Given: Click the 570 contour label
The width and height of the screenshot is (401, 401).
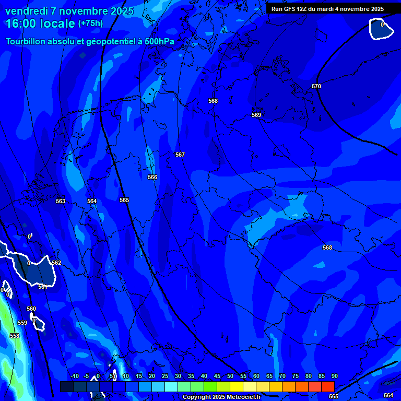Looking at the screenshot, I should (x=316, y=86).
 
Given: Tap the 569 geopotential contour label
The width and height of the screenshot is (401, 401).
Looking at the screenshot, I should (x=256, y=115).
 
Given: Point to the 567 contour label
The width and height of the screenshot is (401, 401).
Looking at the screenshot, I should (x=180, y=155).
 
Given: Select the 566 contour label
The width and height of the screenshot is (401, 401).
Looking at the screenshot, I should (x=152, y=177).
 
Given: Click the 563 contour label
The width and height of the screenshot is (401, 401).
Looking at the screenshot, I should (x=61, y=201).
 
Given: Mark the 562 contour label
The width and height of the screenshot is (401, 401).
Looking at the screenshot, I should (x=56, y=263).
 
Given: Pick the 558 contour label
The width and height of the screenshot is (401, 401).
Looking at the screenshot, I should (x=15, y=336).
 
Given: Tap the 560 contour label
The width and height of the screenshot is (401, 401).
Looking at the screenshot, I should (x=31, y=309).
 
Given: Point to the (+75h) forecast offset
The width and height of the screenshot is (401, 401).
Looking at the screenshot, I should (x=90, y=23).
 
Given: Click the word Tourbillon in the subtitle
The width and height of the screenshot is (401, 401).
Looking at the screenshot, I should (x=26, y=41).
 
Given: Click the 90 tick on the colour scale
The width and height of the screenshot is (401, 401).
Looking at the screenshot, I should (x=334, y=376).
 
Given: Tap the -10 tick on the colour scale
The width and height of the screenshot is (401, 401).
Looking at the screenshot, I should (x=74, y=376).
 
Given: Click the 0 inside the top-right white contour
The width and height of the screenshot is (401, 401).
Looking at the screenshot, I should (x=382, y=25).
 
